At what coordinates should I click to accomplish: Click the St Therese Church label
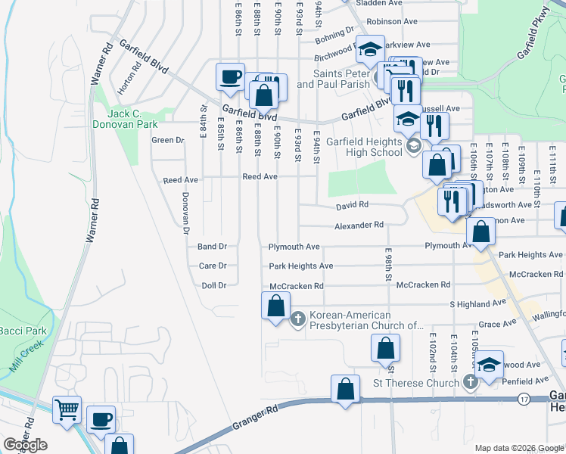tap(416, 383)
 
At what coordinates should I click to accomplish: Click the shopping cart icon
tap(67, 409)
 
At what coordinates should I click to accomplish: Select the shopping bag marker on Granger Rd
tap(346, 390)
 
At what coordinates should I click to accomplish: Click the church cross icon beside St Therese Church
tap(469, 382)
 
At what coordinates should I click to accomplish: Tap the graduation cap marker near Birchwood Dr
tap(370, 50)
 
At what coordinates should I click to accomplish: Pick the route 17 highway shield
tap(524, 398)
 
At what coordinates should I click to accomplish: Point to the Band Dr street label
tap(213, 247)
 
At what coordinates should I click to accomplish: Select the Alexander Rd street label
tap(360, 225)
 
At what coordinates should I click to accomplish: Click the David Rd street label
tap(353, 205)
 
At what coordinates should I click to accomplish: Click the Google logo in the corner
tap(26, 445)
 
